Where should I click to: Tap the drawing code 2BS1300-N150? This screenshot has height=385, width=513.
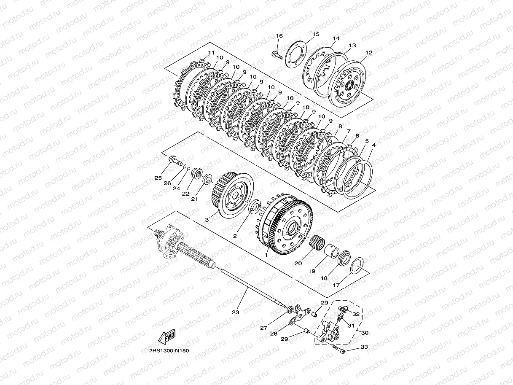(169, 351)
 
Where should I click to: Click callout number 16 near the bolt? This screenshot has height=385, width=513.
(279, 36)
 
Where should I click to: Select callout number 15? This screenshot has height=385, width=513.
(316, 34)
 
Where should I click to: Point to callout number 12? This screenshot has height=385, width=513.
(369, 53)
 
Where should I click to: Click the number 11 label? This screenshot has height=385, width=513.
(211, 53)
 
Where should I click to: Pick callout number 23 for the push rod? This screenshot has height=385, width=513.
(236, 312)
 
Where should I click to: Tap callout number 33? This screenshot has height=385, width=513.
(364, 347)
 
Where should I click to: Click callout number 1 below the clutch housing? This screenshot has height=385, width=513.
(266, 255)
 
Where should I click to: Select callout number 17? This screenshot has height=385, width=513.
(336, 285)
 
